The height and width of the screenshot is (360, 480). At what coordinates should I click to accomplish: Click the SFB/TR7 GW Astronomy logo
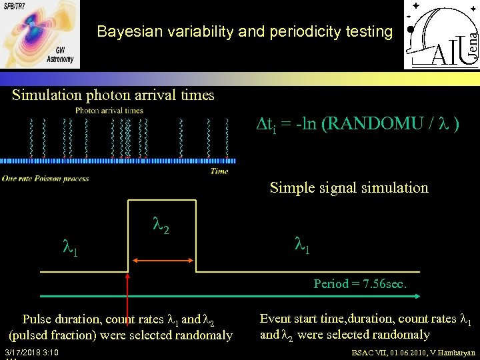(40, 33)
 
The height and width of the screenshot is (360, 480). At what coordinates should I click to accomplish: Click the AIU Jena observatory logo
(441, 35)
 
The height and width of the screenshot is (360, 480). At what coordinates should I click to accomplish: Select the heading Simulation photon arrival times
(113, 95)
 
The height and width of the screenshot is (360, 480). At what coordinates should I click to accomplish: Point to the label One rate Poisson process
(45, 178)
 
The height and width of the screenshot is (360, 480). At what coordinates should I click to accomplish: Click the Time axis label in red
(219, 171)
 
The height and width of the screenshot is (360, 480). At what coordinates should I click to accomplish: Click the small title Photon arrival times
(109, 111)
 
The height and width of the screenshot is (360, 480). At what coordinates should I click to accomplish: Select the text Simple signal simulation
(349, 187)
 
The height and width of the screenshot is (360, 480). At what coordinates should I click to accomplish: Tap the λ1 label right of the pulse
(303, 244)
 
